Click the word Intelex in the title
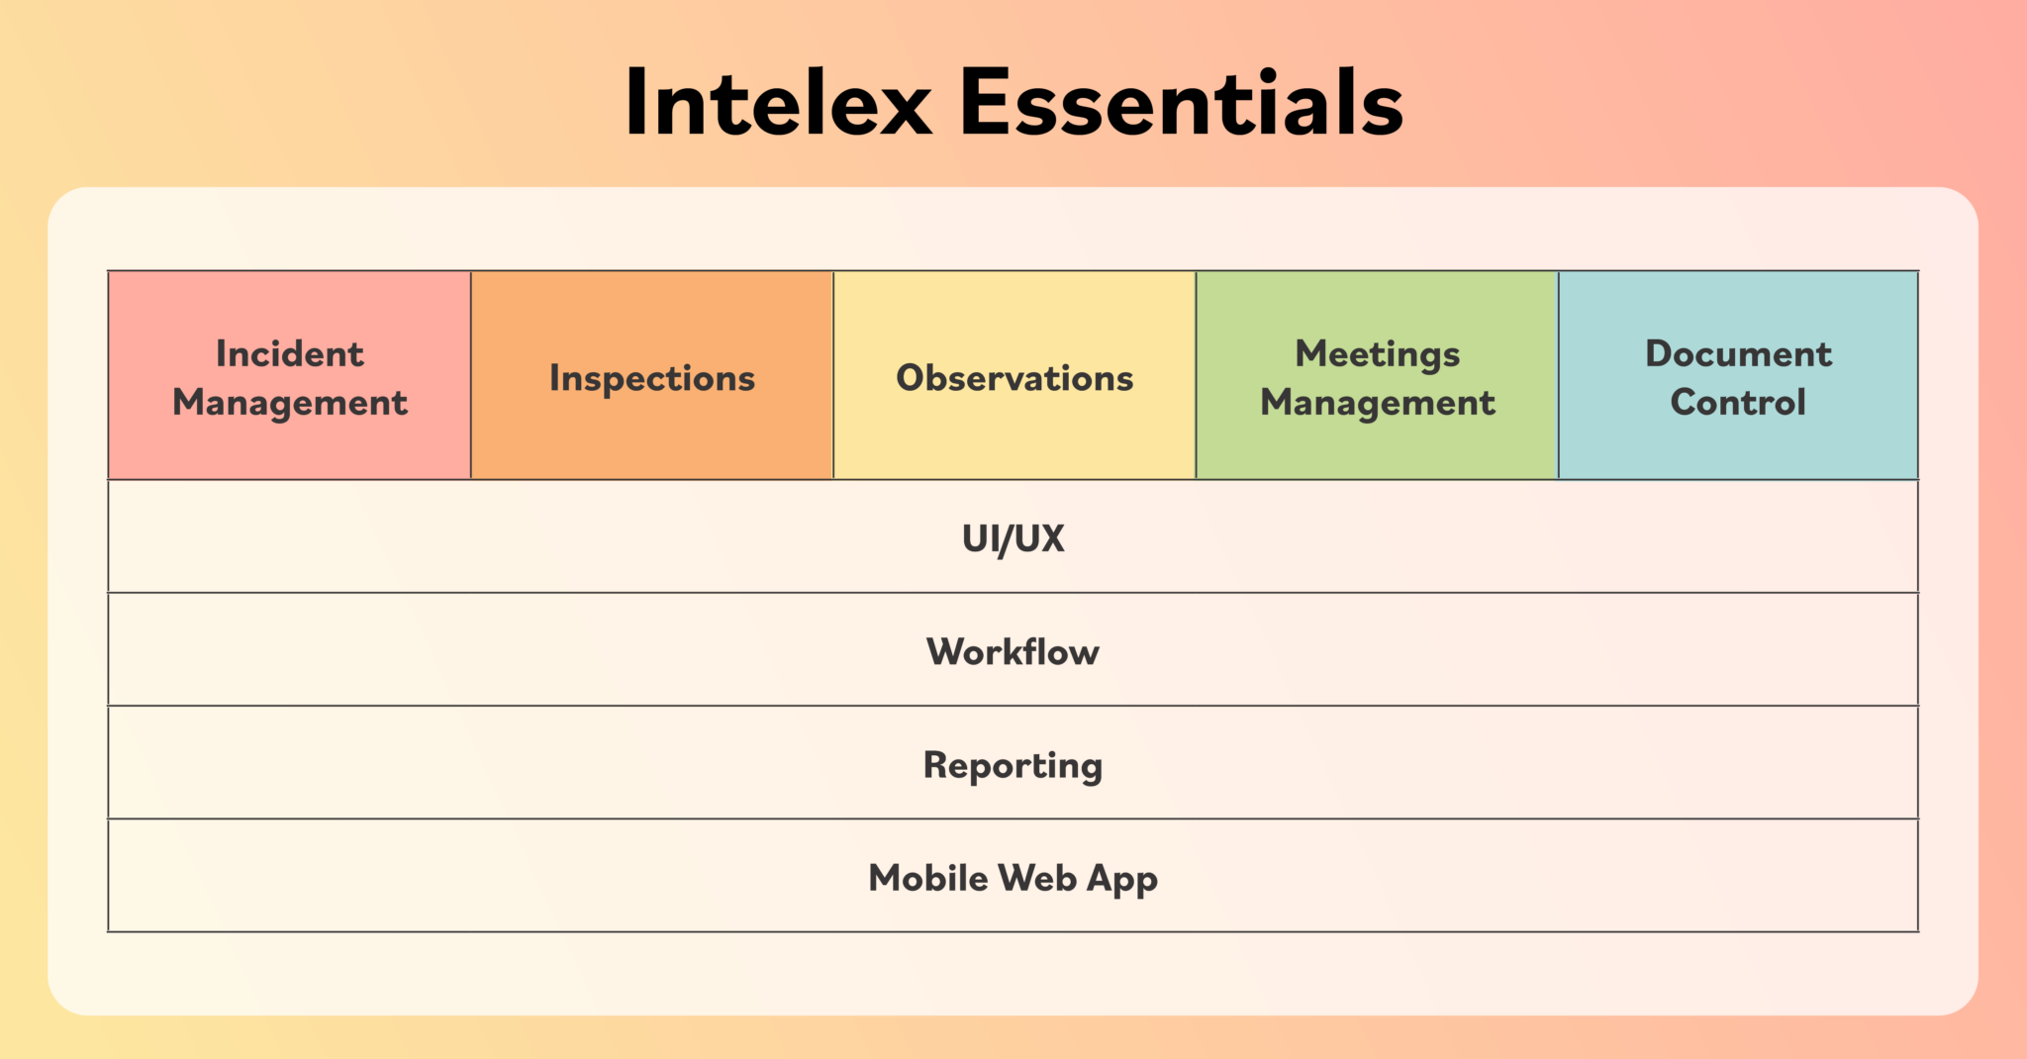pyautogui.click(x=778, y=103)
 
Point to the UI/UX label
pyautogui.click(x=1013, y=538)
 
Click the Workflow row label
pyautogui.click(x=1013, y=652)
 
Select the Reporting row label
pyautogui.click(x=1013, y=766)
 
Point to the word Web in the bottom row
pyautogui.click(x=1037, y=878)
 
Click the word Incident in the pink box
pyautogui.click(x=290, y=354)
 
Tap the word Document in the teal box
pyautogui.click(x=1738, y=354)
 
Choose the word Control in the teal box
pyautogui.click(x=1738, y=403)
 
